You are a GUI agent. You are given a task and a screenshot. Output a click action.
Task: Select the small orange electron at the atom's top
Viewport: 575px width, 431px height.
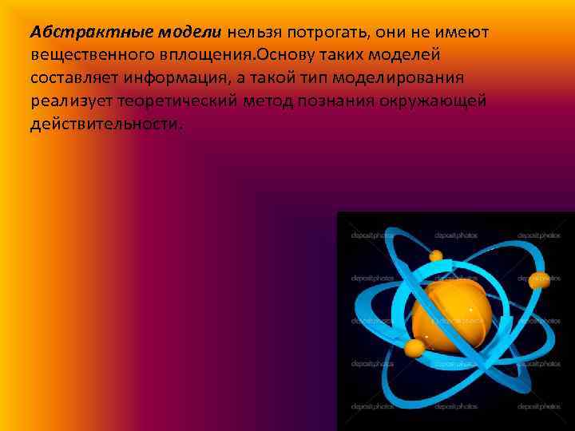pyautogui.click(x=436, y=257)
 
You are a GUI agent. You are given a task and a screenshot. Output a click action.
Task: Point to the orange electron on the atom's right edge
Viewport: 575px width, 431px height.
pyautogui.click(x=536, y=280)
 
